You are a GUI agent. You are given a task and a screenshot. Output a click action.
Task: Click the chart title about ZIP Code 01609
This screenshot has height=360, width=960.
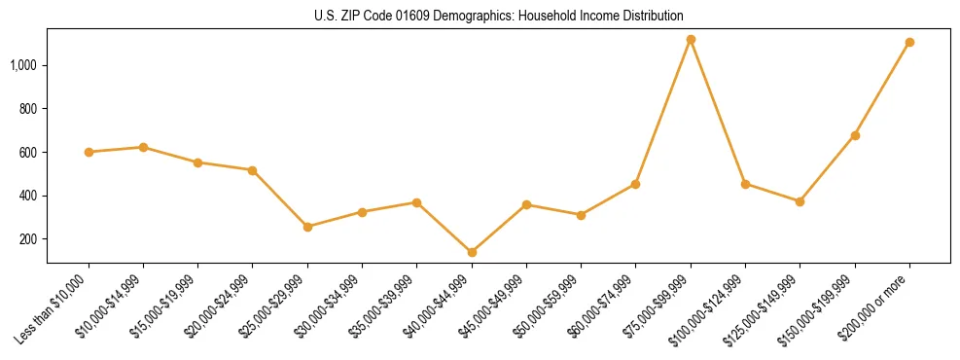[x=499, y=17]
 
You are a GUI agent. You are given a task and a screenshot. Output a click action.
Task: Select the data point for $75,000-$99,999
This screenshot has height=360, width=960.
[x=691, y=40]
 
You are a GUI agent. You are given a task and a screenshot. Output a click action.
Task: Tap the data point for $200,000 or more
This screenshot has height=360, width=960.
[x=909, y=43]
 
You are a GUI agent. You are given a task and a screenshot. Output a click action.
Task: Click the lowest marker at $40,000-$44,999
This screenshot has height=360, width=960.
[x=472, y=252]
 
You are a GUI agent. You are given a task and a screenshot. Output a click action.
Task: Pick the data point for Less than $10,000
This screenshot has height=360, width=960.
[x=89, y=152]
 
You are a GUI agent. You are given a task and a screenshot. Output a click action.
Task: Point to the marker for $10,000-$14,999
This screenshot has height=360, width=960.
[x=143, y=147]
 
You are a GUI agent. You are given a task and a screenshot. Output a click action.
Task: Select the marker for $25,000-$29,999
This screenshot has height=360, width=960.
[x=307, y=227]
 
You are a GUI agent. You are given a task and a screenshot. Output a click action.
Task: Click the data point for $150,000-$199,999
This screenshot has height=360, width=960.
[x=855, y=135]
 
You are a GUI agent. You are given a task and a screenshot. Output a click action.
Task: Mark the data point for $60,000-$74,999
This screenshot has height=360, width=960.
[x=635, y=184]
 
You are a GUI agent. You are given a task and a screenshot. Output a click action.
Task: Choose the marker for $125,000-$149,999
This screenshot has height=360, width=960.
[x=800, y=201]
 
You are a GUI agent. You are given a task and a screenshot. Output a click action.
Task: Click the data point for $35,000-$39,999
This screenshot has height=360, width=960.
[x=416, y=202]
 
